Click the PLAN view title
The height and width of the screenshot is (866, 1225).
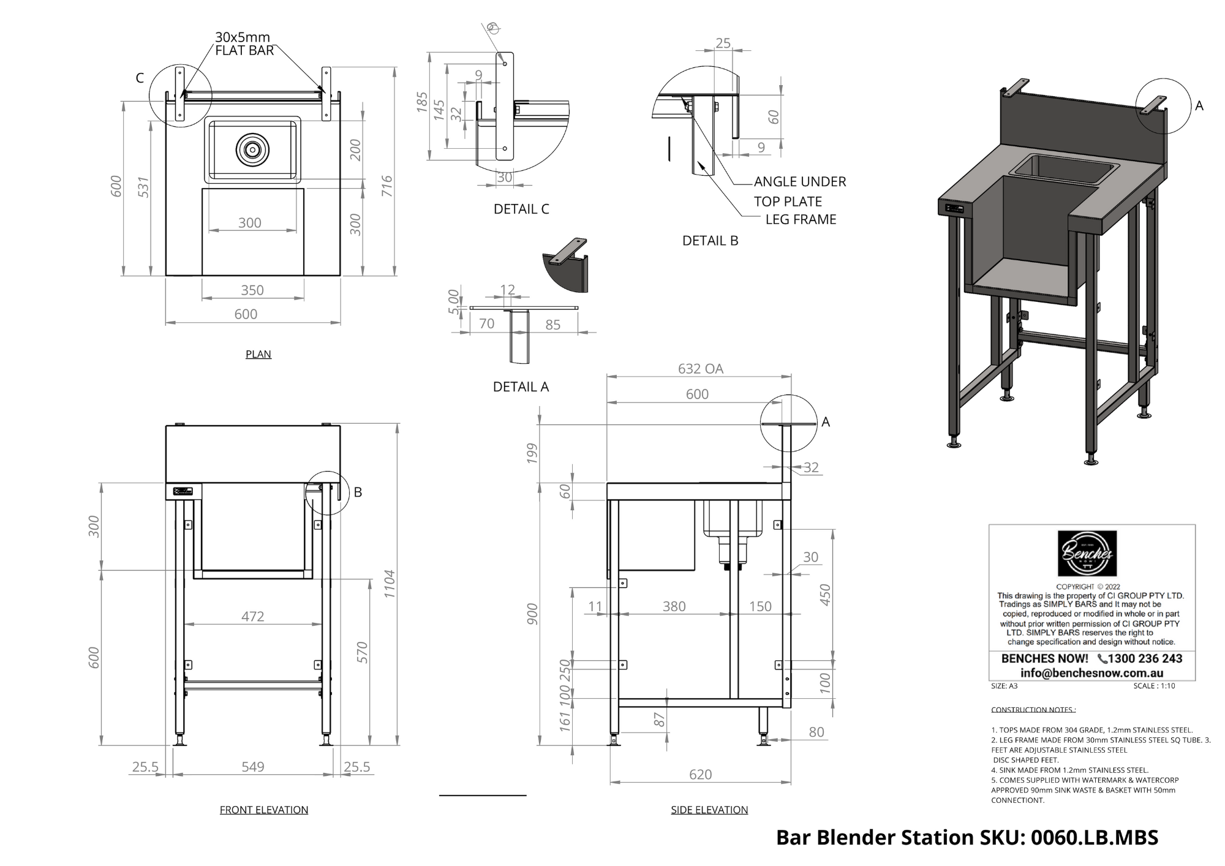coord(258,354)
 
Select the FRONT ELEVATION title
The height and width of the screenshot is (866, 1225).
coord(263,810)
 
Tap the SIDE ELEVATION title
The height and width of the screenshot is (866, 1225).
coord(709,810)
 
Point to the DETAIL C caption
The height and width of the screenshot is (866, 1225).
coord(521,209)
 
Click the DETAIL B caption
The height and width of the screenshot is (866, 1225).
coord(710,241)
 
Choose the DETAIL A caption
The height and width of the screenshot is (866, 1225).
coord(521,386)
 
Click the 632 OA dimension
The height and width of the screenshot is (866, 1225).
coord(700,369)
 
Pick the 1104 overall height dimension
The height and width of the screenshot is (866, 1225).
coord(390,584)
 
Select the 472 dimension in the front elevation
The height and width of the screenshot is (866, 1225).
coord(252,616)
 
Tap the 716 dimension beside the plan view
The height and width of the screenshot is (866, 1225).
coord(386,186)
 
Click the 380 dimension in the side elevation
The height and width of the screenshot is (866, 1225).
coord(674,606)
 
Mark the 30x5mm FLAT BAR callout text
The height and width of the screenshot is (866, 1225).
coord(243,43)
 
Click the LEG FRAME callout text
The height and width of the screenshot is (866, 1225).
coord(801,219)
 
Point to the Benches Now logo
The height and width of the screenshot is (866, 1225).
coord(1087,554)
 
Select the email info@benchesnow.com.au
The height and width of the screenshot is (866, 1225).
coord(1091,672)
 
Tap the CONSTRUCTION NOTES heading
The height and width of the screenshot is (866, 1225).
coord(1033,710)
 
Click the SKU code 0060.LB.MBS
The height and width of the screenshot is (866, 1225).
coord(1095,837)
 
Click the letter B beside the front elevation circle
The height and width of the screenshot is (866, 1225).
coord(358,492)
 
